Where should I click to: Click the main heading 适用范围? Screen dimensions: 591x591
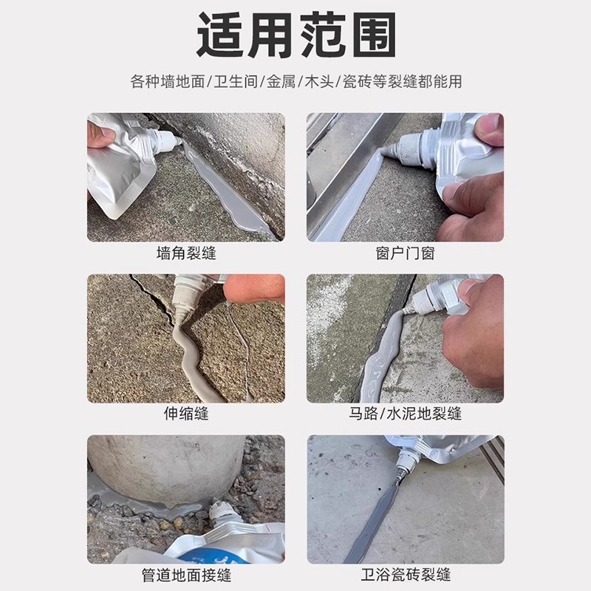295,35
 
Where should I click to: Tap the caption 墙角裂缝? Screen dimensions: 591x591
186,253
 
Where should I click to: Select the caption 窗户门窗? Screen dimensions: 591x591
405,253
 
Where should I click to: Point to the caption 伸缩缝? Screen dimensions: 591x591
186,414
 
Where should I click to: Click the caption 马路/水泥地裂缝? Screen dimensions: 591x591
405,414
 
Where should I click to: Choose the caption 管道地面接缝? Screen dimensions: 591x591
186,574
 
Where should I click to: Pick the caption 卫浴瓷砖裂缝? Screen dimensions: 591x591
405,574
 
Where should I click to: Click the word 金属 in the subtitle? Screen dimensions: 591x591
281,82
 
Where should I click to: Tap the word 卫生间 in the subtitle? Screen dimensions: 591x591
235,82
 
